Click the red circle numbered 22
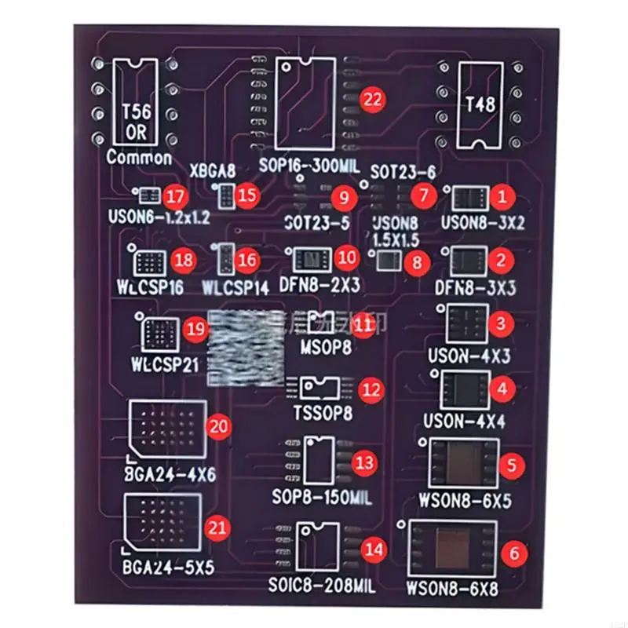coord(373,99)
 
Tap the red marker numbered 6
coord(514,553)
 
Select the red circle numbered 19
coord(195,330)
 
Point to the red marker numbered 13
coord(364,462)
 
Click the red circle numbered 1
coord(503,194)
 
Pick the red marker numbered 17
coord(175,195)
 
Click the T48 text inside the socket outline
coord(480,104)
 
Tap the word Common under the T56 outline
coord(139,157)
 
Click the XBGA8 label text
coord(213,170)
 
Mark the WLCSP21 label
coord(166,365)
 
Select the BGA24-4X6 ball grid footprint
coord(167,430)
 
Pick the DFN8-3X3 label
coord(475,288)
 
